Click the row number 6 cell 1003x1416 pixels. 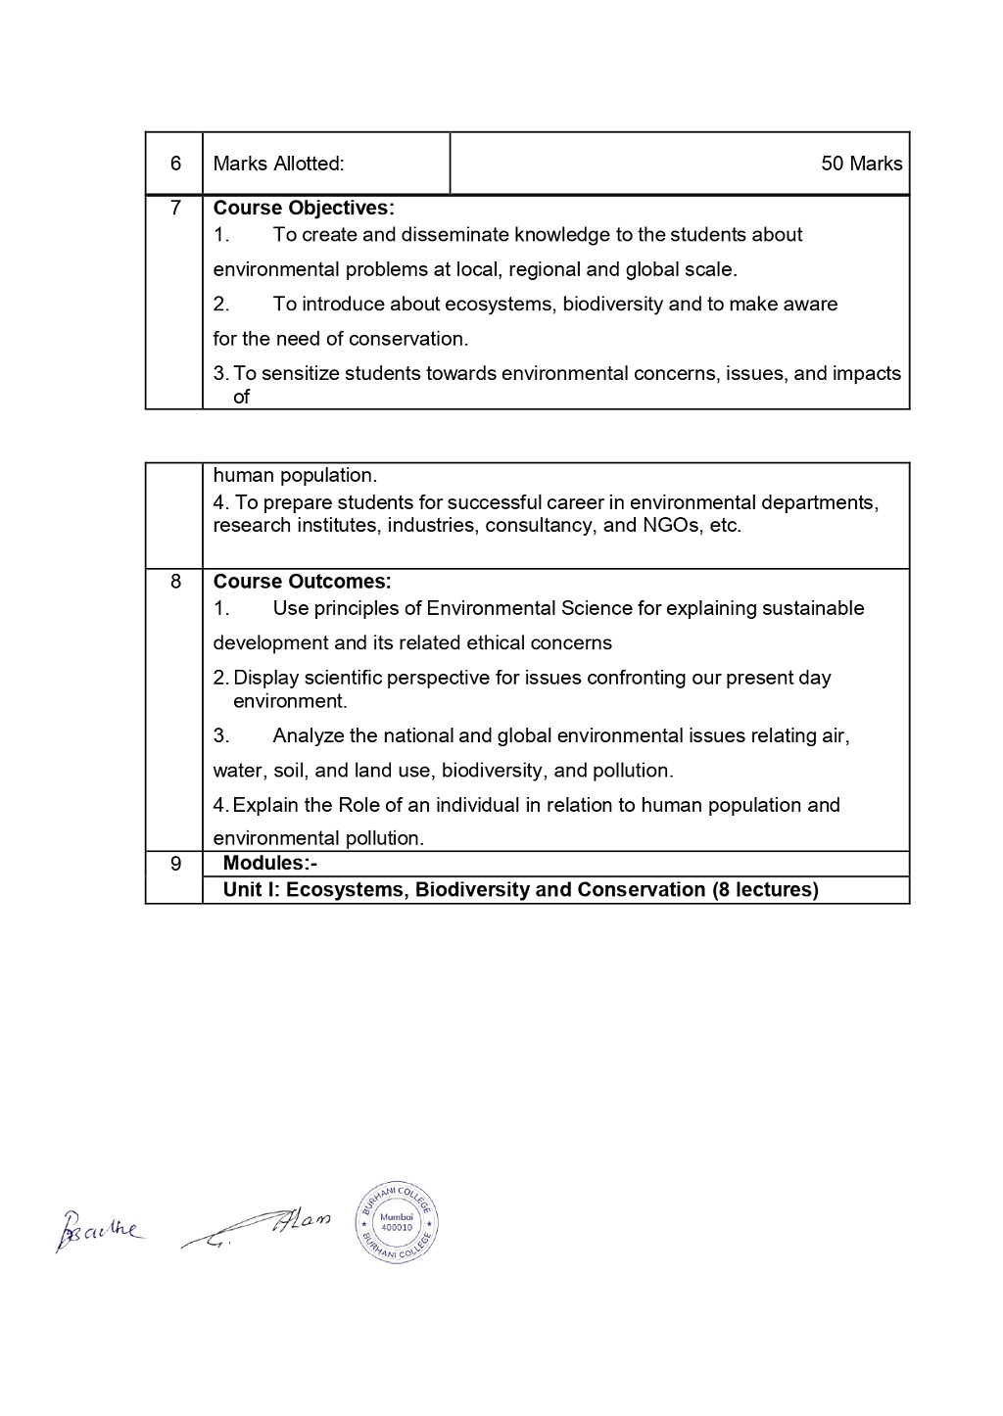(x=175, y=164)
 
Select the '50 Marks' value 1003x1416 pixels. (x=861, y=164)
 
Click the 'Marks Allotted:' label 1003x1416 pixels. (x=278, y=164)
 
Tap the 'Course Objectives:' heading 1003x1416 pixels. (x=304, y=208)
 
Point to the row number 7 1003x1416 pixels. (x=175, y=208)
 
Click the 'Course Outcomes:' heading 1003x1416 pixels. (x=302, y=582)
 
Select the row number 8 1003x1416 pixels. (x=175, y=582)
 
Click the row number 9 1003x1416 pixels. (x=175, y=864)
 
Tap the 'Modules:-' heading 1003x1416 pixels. (x=269, y=863)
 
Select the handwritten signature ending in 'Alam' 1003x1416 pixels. (x=258, y=1226)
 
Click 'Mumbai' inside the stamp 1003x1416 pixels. (x=397, y=1215)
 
